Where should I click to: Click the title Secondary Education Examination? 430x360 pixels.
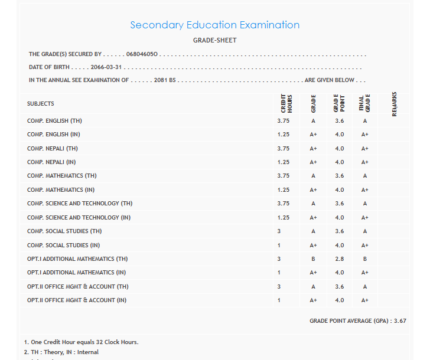click(x=214, y=25)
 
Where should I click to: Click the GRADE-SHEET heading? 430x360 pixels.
click(x=214, y=40)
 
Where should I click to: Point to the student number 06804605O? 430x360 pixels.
click(x=142, y=54)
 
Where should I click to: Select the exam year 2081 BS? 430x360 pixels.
click(x=165, y=80)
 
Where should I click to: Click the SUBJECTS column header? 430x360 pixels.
click(x=40, y=104)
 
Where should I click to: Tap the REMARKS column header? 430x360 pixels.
click(x=394, y=103)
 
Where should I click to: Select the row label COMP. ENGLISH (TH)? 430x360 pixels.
click(x=55, y=120)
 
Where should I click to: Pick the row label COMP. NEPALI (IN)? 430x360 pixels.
click(x=51, y=162)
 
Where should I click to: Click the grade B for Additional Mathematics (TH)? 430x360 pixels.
click(x=313, y=259)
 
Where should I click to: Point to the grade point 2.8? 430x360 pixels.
click(x=339, y=259)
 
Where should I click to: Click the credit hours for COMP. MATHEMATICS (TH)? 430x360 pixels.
click(x=284, y=176)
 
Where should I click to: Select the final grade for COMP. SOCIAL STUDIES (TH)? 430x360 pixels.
click(x=365, y=231)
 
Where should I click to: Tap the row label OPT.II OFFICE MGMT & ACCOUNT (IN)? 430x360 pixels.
click(x=77, y=300)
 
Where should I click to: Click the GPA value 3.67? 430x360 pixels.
click(x=400, y=321)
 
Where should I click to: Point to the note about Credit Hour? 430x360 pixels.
click(x=81, y=342)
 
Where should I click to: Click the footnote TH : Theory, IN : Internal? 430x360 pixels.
click(x=61, y=352)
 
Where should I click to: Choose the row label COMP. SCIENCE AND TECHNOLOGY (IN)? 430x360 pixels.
click(x=80, y=218)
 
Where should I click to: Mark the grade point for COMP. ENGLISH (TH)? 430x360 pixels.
click(x=339, y=120)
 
